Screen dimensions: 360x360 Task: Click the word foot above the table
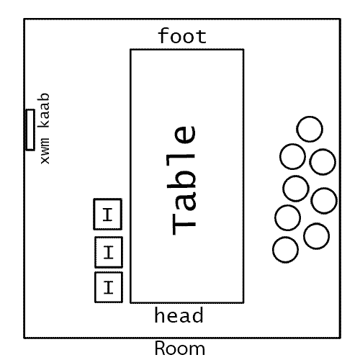click(x=182, y=36)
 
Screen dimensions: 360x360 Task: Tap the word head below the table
click(x=179, y=315)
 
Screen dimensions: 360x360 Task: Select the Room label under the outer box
click(x=180, y=348)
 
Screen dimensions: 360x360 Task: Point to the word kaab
click(x=43, y=110)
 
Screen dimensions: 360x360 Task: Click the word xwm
click(x=45, y=151)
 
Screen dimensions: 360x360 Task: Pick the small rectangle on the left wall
click(x=30, y=130)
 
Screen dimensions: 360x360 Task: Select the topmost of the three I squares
click(x=108, y=214)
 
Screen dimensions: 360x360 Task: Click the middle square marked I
click(x=109, y=252)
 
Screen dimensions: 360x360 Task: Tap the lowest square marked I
click(x=109, y=287)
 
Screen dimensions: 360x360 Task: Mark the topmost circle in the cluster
click(x=310, y=129)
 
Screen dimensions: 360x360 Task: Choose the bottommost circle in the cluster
click(x=286, y=250)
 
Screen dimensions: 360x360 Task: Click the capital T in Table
click(x=184, y=224)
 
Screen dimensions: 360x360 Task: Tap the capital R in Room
click(x=161, y=348)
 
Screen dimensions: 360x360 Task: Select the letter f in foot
click(x=164, y=35)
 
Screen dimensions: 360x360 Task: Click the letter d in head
click(x=197, y=315)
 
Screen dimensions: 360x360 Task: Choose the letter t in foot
click(x=202, y=37)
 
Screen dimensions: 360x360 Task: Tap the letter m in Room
click(x=198, y=350)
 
